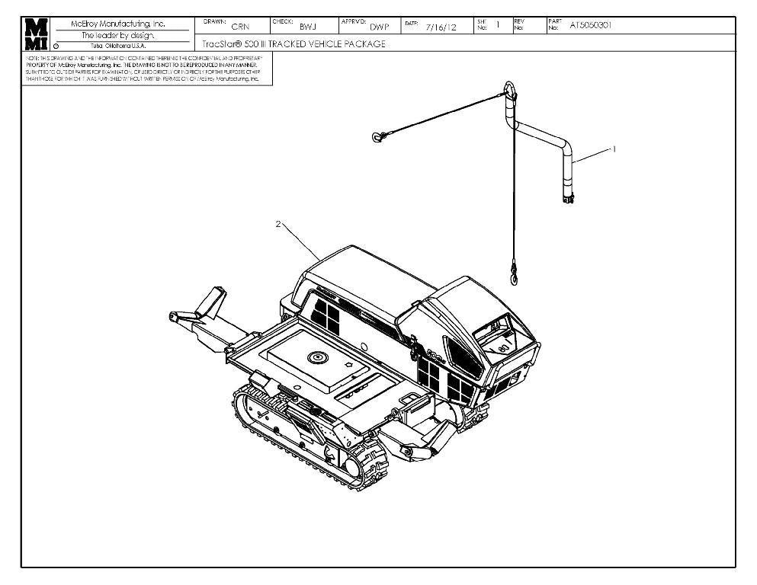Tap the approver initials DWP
(380, 27)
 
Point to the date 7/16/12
(441, 27)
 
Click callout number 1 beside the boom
(614, 149)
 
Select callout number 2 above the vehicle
(278, 224)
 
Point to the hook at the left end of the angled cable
(377, 137)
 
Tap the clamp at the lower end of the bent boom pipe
(566, 200)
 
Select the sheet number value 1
(497, 25)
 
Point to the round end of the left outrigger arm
(175, 315)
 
